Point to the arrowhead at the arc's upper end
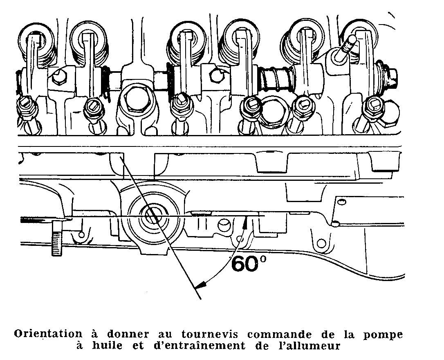click(x=245, y=221)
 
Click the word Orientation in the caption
click(x=45, y=334)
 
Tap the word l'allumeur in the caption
click(x=310, y=346)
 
